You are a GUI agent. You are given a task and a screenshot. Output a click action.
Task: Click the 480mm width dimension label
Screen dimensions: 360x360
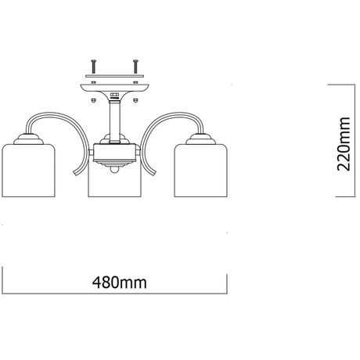coord(120,283)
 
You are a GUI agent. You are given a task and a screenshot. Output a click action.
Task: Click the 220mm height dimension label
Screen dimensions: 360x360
coord(344,144)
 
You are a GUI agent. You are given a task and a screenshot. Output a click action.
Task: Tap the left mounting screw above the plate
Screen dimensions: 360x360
coord(94,67)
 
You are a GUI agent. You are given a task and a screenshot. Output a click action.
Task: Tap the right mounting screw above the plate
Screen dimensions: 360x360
coord(135,67)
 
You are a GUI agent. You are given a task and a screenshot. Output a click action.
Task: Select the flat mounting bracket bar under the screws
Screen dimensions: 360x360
coord(114,76)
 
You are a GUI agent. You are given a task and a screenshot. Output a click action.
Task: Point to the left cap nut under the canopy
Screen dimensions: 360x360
coord(94,100)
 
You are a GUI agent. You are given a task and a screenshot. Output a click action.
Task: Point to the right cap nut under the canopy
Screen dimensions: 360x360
coord(135,100)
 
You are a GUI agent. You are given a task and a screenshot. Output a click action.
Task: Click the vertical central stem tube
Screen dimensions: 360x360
coord(114,122)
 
